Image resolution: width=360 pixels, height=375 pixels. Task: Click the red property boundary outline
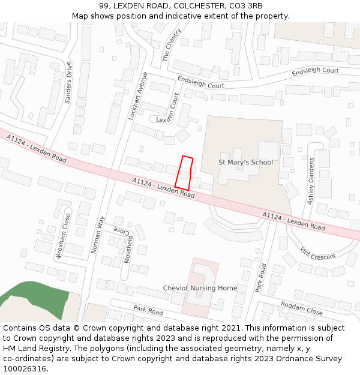click(x=184, y=173)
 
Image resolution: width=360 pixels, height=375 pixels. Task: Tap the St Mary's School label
click(x=245, y=163)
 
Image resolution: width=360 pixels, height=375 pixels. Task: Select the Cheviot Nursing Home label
click(x=200, y=288)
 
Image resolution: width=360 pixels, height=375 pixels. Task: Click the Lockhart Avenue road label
click(x=137, y=96)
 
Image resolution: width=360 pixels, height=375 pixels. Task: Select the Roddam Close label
click(x=301, y=308)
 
